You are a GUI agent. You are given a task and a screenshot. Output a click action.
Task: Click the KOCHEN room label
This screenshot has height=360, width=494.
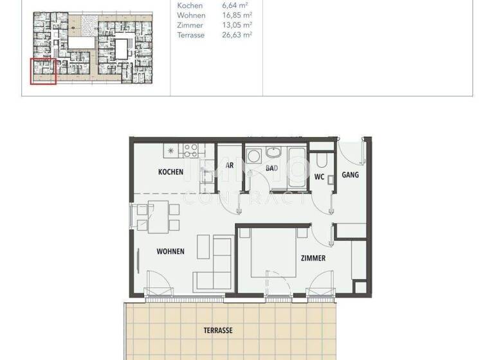(x=171, y=172)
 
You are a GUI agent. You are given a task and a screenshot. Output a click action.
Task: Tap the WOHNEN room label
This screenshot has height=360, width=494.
(x=170, y=251)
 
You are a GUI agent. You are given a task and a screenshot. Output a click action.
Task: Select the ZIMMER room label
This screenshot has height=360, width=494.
(x=313, y=258)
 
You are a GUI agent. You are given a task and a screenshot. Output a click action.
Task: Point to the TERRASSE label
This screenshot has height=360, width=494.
(x=219, y=330)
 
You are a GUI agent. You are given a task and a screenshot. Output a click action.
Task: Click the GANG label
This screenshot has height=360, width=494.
(x=350, y=174)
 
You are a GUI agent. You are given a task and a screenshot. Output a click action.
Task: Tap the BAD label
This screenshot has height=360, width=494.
(x=271, y=168)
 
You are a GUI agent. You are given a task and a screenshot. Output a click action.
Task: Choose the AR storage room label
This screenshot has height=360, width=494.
(x=229, y=165)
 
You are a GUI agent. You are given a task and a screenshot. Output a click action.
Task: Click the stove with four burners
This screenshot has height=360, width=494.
(x=190, y=150)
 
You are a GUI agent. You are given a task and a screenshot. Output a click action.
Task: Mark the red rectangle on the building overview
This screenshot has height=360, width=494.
(x=43, y=71)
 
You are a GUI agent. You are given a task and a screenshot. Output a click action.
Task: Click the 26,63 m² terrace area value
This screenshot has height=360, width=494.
(x=237, y=35)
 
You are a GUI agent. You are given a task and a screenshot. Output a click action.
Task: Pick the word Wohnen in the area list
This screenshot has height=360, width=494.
(x=190, y=15)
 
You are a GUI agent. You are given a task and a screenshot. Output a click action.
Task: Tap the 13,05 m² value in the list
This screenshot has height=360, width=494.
(x=237, y=25)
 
